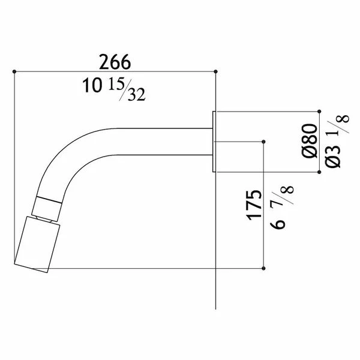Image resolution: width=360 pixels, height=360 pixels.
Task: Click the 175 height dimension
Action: click(254, 206)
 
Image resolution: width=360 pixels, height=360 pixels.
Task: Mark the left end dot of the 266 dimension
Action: click(13, 71)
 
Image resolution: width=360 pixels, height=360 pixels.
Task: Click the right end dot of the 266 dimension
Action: click(215, 71)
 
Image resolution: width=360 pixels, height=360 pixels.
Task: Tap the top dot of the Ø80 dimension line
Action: click(319, 112)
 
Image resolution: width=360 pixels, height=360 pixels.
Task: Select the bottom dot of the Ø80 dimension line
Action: click(319, 172)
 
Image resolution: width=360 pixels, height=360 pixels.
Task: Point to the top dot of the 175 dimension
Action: click(265, 142)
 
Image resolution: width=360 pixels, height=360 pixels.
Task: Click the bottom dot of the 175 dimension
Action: click(265, 268)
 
